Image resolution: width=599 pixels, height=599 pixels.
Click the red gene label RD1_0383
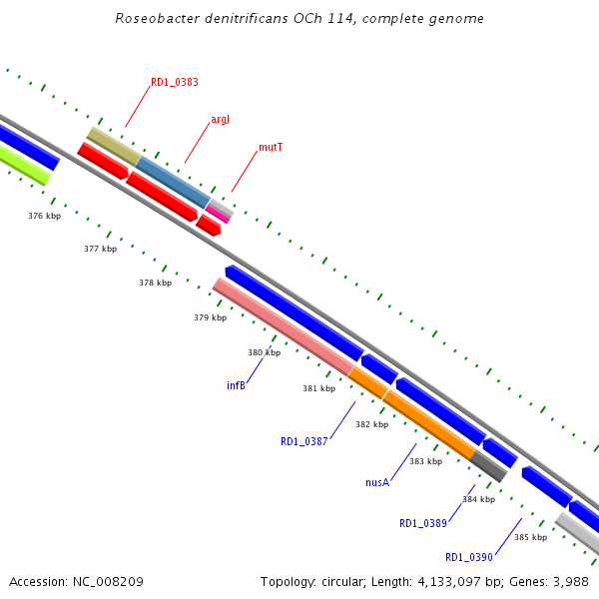point(174,82)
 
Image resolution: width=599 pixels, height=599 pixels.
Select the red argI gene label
point(220,119)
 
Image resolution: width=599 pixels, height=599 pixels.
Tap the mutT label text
point(271,147)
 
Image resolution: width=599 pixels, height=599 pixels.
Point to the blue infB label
point(236,385)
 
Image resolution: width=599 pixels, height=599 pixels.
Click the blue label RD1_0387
point(303,440)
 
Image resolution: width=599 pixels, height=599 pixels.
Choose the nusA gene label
point(376,482)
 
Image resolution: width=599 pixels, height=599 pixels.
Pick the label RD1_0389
point(422,523)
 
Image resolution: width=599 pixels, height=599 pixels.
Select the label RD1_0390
point(468,557)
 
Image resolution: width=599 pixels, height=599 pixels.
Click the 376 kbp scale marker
point(44,216)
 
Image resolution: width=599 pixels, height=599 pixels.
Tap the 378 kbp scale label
point(155,283)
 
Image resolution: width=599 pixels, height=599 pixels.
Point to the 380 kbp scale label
point(264,352)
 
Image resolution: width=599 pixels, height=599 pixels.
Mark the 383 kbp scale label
point(425,461)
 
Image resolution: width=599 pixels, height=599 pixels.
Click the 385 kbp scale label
point(530,537)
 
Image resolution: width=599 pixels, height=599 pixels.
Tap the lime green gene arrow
point(22,163)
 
